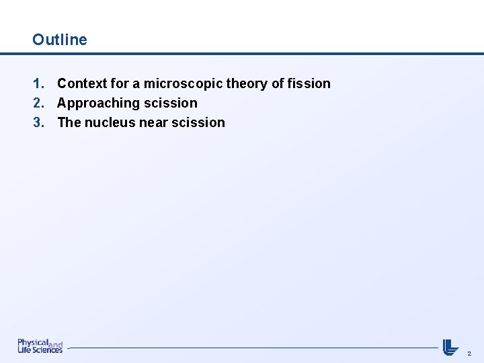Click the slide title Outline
click(x=60, y=40)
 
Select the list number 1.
click(x=38, y=84)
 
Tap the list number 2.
click(x=38, y=104)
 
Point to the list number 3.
click(x=38, y=123)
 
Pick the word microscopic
click(x=183, y=84)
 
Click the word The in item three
click(x=69, y=123)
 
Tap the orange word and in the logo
click(x=56, y=344)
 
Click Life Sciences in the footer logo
click(x=40, y=350)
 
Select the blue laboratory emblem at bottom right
click(x=450, y=346)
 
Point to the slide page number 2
click(x=469, y=352)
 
